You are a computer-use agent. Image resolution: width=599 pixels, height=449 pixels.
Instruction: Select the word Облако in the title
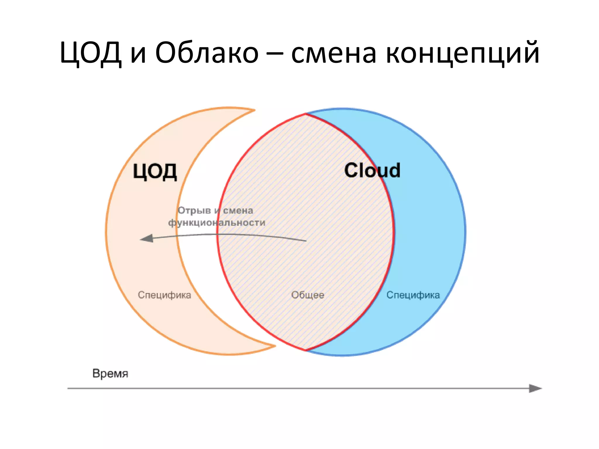206,53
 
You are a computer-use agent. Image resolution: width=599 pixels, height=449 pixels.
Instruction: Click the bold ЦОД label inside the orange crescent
155,172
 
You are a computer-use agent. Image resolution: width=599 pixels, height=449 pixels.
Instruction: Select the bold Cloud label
372,170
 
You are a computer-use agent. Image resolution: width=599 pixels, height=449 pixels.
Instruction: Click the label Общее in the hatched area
308,295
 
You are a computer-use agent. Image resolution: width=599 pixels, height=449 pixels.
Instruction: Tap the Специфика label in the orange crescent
164,295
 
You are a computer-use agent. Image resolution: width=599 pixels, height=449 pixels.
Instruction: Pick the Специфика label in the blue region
413,295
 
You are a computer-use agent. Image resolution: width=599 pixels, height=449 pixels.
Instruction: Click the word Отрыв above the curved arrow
194,210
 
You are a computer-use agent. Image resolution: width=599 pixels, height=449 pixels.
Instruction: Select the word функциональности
217,223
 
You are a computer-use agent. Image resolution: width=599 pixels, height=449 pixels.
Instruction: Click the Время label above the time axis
110,374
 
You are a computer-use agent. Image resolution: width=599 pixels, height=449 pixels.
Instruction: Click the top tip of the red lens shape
305,114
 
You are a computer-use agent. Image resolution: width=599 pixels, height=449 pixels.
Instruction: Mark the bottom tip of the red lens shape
306,350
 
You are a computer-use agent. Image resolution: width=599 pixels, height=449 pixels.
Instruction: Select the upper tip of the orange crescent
254,110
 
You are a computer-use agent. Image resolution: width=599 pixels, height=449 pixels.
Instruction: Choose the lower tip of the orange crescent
274,346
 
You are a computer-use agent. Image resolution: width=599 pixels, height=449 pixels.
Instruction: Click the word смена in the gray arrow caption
238,210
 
